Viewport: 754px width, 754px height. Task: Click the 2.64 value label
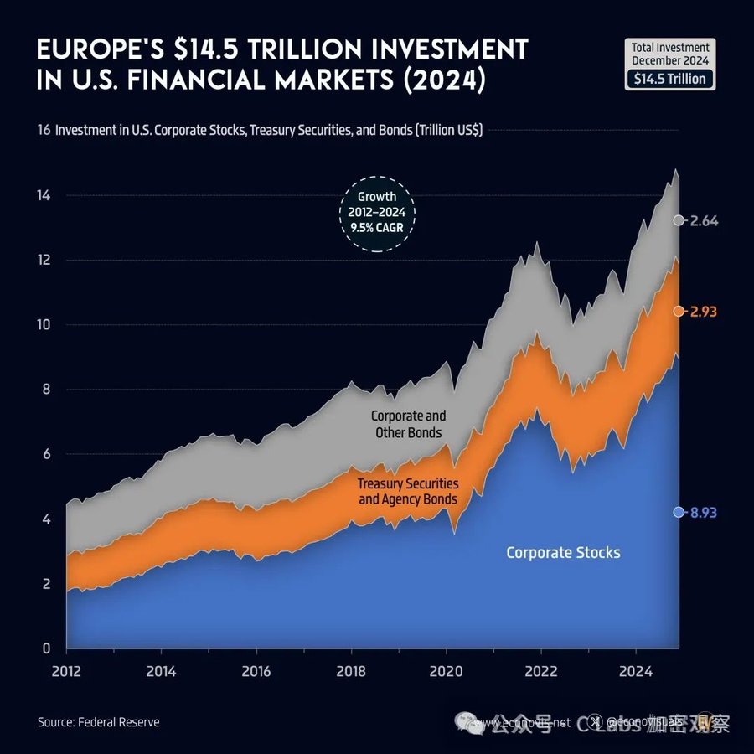pos(705,220)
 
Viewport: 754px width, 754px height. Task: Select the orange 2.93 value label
pos(705,311)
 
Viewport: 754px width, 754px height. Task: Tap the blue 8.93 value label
pos(705,513)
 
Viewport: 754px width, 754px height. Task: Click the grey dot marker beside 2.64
pos(678,220)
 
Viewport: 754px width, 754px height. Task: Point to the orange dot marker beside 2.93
pos(678,311)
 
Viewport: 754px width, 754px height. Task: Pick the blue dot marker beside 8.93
pos(678,513)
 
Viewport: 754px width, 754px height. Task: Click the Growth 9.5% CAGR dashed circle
pos(376,212)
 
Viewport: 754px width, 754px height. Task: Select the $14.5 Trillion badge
pos(670,80)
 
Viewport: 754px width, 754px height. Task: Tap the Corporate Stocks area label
pos(563,553)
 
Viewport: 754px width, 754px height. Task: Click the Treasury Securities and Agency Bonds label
pos(408,492)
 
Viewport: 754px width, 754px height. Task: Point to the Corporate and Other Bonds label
pos(408,424)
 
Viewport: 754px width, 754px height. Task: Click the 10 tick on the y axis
pos(45,325)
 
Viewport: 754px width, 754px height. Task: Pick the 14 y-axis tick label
pos(45,195)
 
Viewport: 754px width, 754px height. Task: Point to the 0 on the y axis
pos(48,648)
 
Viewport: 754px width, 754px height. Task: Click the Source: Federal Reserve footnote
pos(98,721)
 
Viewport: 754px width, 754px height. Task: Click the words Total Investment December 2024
pos(670,54)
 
